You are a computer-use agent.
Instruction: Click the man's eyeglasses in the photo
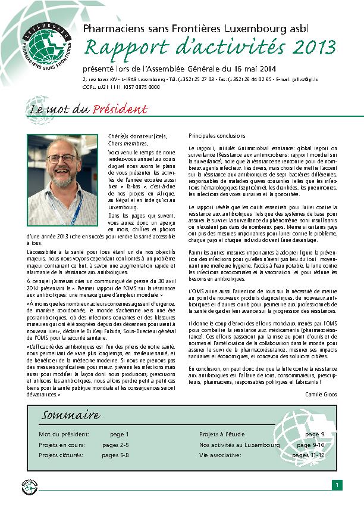tap(62, 159)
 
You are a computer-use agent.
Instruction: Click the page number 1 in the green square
tap(336, 485)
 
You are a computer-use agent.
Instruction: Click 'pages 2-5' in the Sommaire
tap(115, 445)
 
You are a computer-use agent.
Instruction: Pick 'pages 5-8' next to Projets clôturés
tap(115, 455)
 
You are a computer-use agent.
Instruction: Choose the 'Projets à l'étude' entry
tap(221, 434)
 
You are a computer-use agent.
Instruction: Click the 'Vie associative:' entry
tap(221, 455)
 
